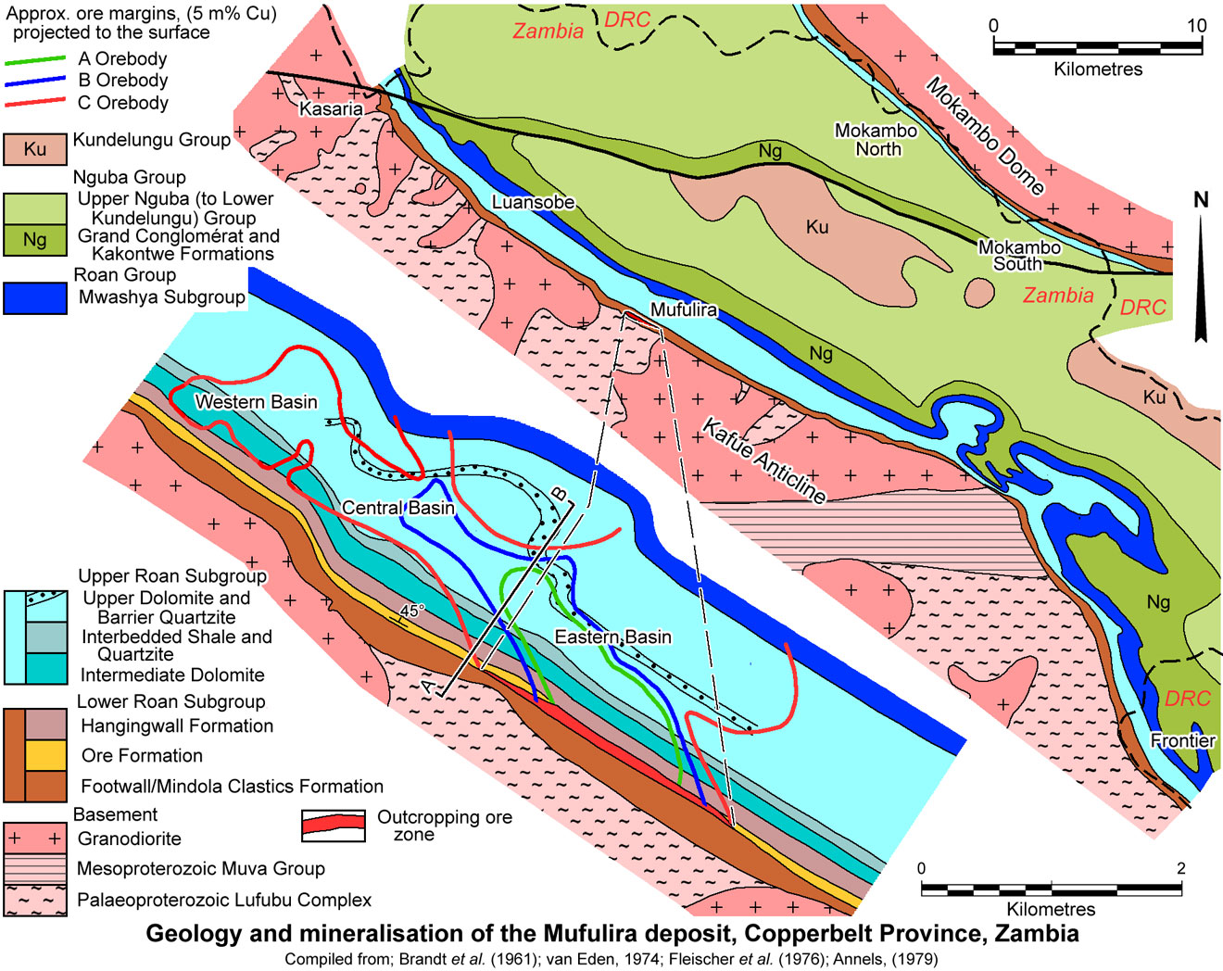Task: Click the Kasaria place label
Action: tap(331, 109)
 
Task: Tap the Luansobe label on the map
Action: tap(533, 202)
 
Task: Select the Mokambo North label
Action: tap(876, 140)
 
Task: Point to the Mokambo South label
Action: tap(1019, 256)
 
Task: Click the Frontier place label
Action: tap(1182, 740)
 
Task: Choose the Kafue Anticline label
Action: tap(763, 460)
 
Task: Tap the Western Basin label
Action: tap(256, 402)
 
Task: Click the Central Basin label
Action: tap(398, 508)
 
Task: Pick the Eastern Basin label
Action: tap(612, 637)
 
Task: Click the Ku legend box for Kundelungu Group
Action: tap(35, 149)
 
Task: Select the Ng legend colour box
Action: tap(35, 240)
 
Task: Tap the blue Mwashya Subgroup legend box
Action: tap(35, 298)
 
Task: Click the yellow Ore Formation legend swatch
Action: tap(45, 755)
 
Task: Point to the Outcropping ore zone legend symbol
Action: tap(333, 826)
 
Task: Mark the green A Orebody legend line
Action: tap(35, 60)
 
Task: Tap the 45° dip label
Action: tap(410, 612)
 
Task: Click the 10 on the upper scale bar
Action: tap(1196, 26)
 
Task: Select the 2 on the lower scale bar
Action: tap(1180, 868)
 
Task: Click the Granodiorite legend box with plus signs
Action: tap(35, 839)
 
